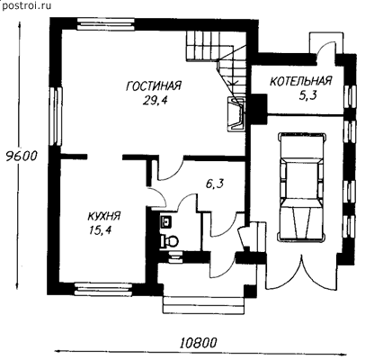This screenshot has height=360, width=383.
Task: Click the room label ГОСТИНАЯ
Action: (x=154, y=86)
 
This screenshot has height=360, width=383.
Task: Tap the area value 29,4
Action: (x=155, y=101)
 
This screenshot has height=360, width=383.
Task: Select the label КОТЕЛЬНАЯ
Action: (x=300, y=81)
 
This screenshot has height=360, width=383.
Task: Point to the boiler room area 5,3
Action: (x=307, y=95)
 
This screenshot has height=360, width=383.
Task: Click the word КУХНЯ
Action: (x=104, y=216)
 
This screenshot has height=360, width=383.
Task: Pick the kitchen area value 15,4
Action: (x=100, y=230)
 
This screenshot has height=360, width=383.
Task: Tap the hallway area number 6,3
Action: (x=215, y=184)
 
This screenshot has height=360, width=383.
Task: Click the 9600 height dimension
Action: (x=21, y=156)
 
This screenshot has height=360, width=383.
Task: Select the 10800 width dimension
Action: (x=198, y=343)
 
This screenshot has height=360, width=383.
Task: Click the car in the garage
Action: (x=301, y=186)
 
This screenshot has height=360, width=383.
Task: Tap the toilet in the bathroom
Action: (x=169, y=240)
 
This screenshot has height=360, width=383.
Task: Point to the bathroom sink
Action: (x=166, y=221)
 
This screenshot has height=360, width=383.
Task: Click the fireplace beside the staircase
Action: (x=236, y=113)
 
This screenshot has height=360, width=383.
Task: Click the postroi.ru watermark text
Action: (x=26, y=5)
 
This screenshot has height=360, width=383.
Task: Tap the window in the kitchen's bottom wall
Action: (x=103, y=289)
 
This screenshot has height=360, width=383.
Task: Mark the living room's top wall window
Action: (x=106, y=24)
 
